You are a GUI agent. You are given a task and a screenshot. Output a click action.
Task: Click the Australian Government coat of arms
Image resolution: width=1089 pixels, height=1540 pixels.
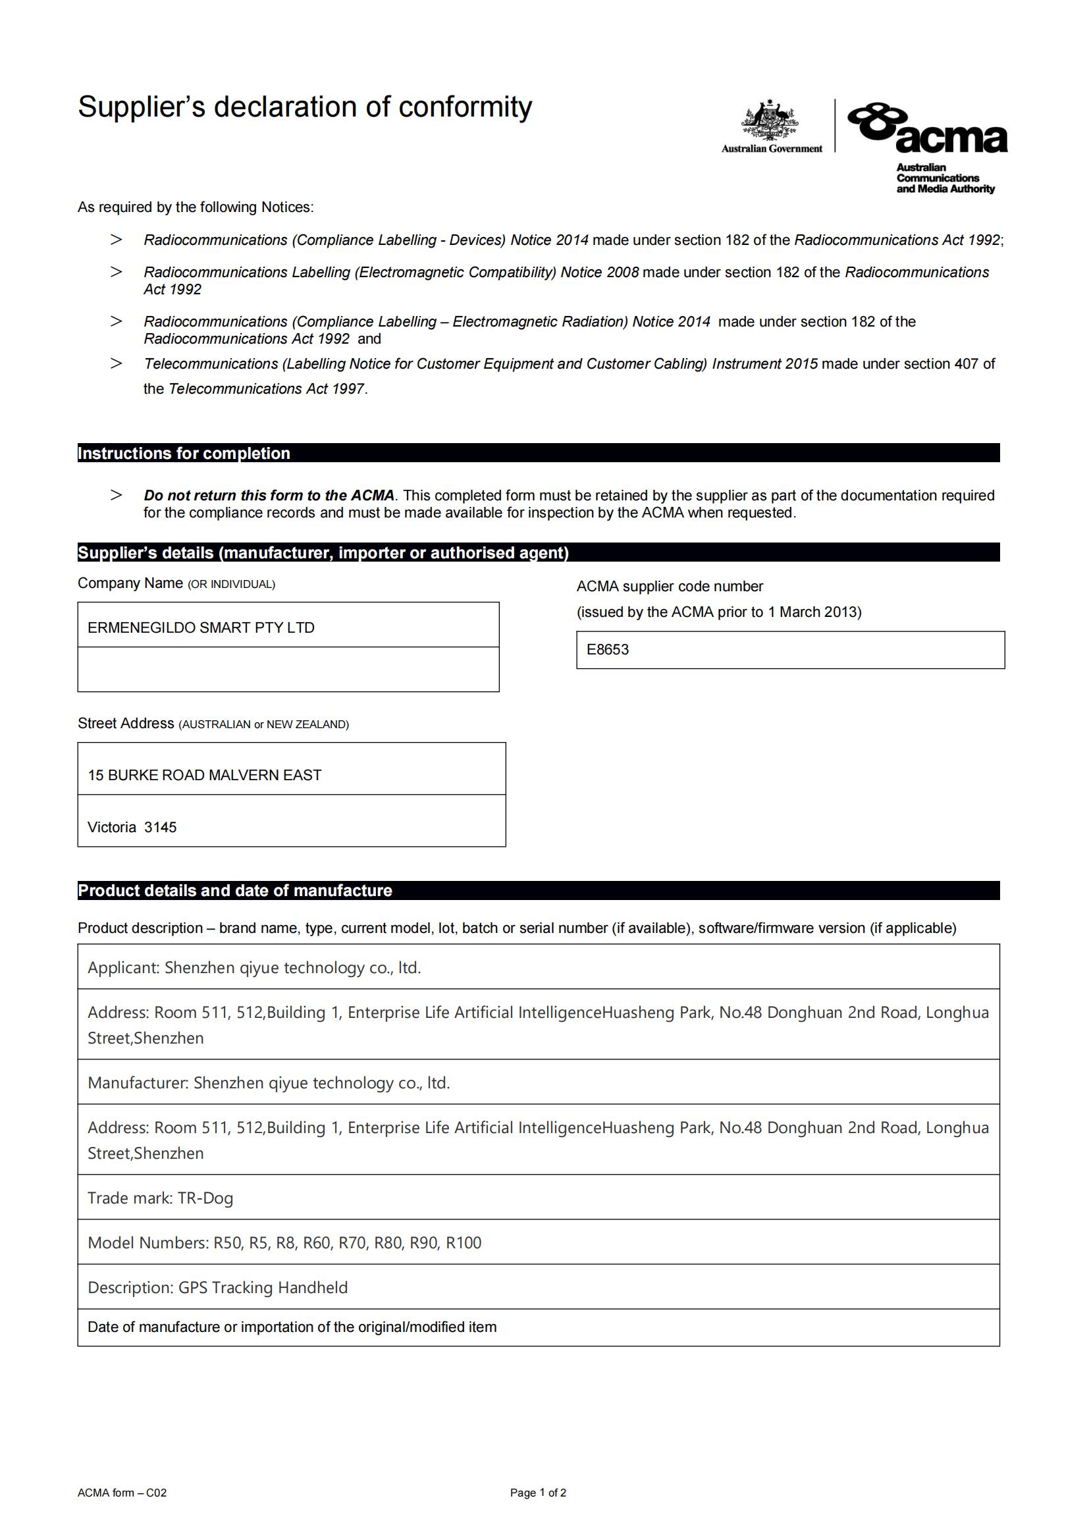(770, 120)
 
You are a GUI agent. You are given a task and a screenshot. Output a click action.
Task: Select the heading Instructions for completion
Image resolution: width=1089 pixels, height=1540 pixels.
(184, 454)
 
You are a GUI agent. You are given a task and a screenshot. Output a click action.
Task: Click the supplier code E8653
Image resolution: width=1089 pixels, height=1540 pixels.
(608, 649)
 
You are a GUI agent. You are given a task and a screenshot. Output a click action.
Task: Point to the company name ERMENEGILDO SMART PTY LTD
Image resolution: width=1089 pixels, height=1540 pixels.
(201, 628)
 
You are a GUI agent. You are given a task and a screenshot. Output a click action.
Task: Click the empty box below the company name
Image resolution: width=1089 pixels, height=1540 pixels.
(288, 670)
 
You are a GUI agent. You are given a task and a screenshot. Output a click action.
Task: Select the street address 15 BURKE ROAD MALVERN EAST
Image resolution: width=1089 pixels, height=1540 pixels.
(205, 776)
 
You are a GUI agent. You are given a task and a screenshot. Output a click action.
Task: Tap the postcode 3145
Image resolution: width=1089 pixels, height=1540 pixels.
(160, 827)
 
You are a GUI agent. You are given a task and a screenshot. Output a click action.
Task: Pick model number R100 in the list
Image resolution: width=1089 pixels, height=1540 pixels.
(464, 1243)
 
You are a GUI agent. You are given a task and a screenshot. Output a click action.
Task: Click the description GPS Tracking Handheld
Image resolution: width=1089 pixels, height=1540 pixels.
(263, 1288)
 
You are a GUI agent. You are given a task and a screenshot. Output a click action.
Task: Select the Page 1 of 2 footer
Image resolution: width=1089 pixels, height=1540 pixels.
(538, 1493)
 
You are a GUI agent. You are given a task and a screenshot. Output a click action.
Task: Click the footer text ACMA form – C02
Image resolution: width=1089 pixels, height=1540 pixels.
(122, 1493)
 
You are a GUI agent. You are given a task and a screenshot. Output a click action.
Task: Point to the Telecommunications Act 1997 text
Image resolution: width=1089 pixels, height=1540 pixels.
(266, 389)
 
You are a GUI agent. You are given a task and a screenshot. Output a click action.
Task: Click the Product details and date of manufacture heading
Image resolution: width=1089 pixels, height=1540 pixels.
(234, 891)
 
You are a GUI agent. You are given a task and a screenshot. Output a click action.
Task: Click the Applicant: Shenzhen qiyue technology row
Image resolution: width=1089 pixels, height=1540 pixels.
(254, 968)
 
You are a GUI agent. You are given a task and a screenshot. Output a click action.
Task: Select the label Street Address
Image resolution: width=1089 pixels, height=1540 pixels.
(126, 724)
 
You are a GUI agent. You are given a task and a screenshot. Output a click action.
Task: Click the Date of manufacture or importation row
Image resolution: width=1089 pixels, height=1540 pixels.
(292, 1327)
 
